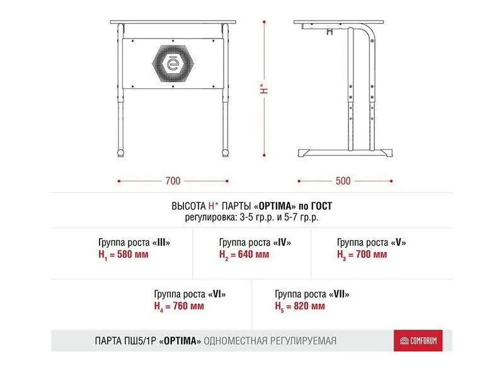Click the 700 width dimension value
tap(173, 181)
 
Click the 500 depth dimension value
tap(343, 181)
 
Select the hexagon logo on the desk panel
tap(174, 63)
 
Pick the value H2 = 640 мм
tap(244, 255)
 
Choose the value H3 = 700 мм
tap(362, 255)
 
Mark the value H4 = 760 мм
tap(179, 306)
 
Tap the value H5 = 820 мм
tap(300, 306)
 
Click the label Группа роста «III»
tap(134, 243)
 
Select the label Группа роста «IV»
tap(255, 243)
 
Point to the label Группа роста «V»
tap(372, 243)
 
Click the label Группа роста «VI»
tap(190, 294)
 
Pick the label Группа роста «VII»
tap(312, 294)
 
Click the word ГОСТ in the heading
tap(319, 206)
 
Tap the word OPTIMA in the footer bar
tap(181, 341)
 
